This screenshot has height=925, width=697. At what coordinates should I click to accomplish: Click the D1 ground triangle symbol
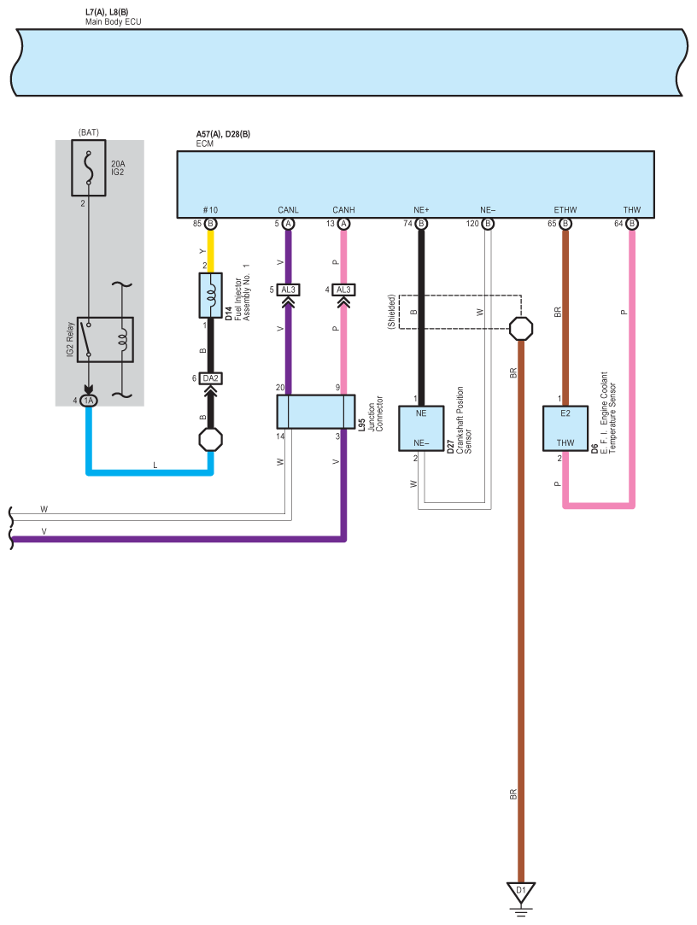click(520, 892)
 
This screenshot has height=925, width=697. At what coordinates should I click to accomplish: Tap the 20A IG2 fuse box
click(89, 167)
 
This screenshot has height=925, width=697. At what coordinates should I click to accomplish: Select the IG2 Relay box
click(105, 340)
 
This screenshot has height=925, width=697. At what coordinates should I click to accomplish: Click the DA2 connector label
click(211, 378)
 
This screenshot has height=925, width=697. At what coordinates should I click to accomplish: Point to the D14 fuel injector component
click(211, 296)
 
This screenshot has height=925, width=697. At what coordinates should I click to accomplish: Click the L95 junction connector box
click(316, 411)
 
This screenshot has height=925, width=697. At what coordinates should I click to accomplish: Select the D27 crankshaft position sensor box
click(421, 428)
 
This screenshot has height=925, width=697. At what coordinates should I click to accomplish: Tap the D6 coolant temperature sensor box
click(565, 428)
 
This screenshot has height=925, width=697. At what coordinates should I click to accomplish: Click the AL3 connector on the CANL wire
click(288, 290)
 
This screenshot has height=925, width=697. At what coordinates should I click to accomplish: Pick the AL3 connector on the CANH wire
click(343, 290)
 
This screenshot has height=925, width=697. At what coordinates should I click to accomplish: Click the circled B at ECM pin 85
click(211, 224)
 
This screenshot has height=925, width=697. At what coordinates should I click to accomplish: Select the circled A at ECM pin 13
click(343, 224)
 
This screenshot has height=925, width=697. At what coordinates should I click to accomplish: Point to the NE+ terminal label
click(421, 210)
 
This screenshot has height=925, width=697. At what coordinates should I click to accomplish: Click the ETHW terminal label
click(565, 210)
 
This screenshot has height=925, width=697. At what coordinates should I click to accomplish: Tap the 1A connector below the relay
click(89, 401)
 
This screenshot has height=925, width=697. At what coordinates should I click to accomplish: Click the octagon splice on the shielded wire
click(520, 329)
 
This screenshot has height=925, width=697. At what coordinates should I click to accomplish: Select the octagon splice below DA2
click(211, 440)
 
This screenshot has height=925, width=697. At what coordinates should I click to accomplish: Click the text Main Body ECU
click(114, 22)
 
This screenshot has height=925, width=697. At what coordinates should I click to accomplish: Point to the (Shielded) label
click(391, 312)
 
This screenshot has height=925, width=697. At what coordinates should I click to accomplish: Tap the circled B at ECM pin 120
click(488, 224)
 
